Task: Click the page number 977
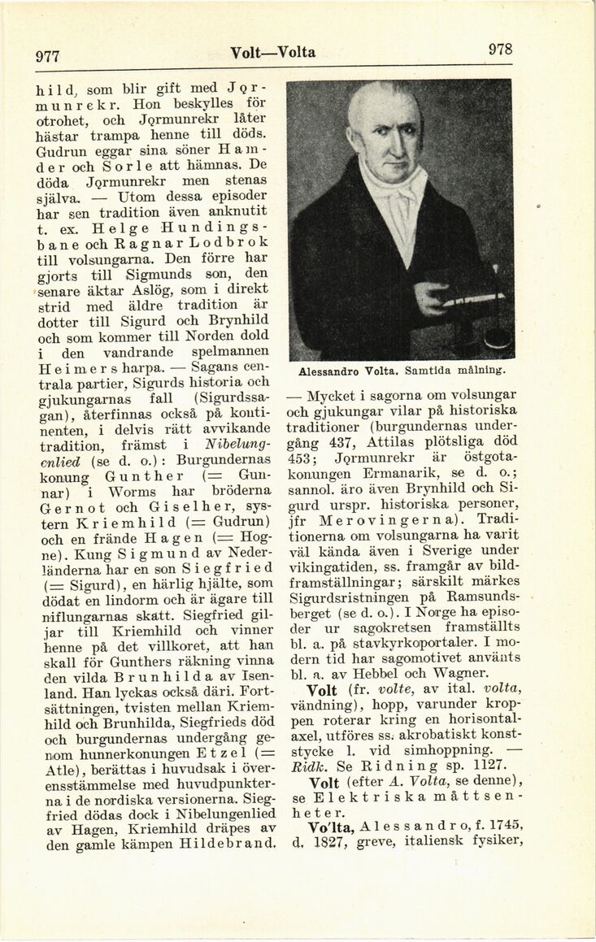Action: [48, 56]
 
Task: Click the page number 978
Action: [500, 49]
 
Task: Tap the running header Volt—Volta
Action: [272, 53]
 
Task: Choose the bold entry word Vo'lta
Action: [330, 825]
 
